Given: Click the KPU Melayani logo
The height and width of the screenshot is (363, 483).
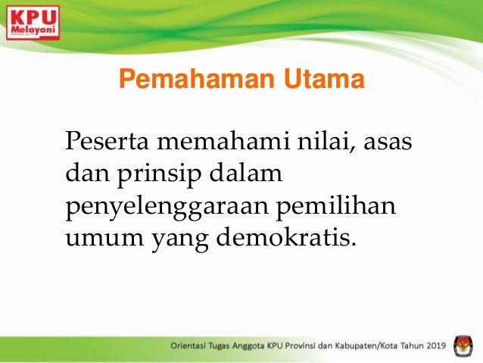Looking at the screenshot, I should click(x=33, y=22).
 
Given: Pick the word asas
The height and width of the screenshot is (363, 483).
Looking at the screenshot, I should click(x=386, y=142).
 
